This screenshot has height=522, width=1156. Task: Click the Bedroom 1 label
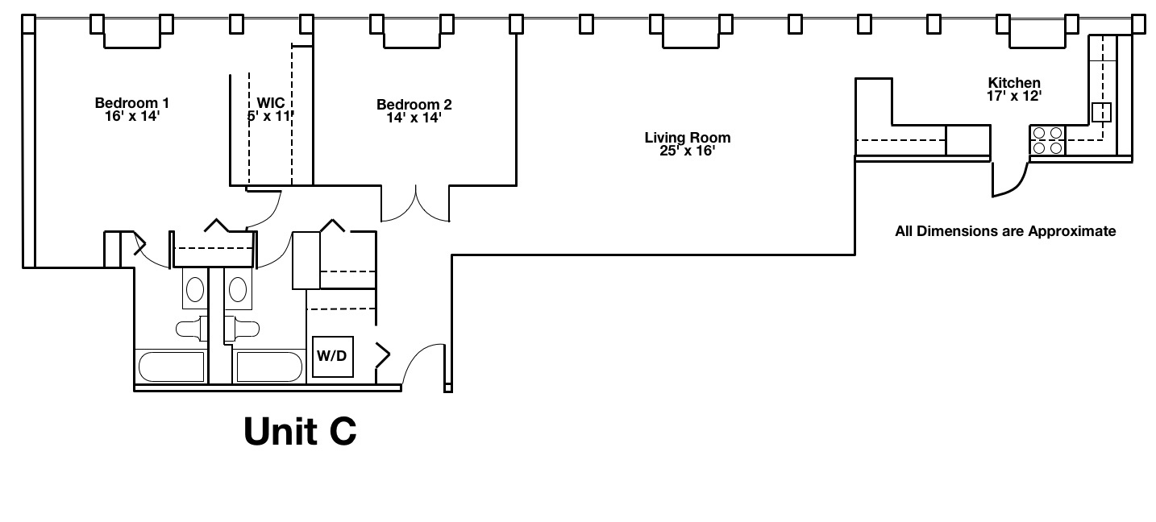click(x=131, y=103)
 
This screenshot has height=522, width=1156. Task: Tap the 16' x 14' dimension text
click(x=131, y=116)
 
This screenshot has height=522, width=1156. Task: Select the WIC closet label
click(x=270, y=103)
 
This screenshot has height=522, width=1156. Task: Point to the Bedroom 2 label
click(x=414, y=105)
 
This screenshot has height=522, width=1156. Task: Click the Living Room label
click(x=687, y=138)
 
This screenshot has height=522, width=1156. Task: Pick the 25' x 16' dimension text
click(x=687, y=151)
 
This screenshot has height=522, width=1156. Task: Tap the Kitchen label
click(x=1014, y=83)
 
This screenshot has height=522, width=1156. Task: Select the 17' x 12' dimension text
click(x=1014, y=96)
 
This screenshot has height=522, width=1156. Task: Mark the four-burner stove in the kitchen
click(x=1047, y=141)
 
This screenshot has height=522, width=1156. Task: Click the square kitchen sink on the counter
click(x=1101, y=112)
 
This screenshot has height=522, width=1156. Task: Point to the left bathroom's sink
click(x=195, y=288)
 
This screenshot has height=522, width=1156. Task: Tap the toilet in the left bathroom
click(x=190, y=329)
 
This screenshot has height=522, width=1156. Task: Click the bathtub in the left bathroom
click(x=171, y=367)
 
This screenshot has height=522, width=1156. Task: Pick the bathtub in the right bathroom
click(x=268, y=367)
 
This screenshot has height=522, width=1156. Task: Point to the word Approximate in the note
click(x=1072, y=232)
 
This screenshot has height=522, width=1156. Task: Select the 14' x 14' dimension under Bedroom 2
click(x=414, y=118)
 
